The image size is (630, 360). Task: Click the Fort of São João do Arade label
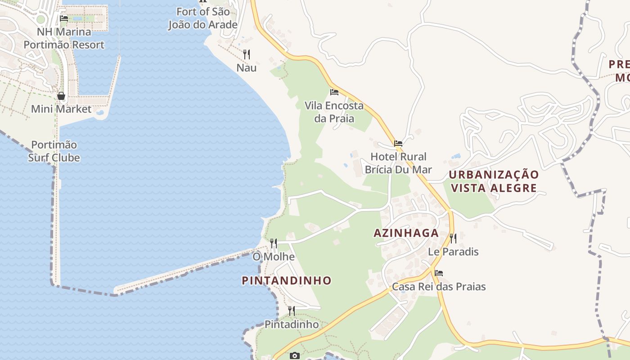point(202,18)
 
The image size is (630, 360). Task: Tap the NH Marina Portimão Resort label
point(64,38)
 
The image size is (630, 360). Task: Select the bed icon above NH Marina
point(64,18)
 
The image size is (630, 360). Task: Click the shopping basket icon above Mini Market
point(61,96)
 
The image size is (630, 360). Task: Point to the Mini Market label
point(61,109)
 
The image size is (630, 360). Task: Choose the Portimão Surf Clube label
point(54,151)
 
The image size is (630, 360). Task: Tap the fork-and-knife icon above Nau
point(247,54)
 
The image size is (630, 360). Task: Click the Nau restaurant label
point(247,68)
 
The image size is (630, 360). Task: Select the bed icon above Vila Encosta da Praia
point(334,92)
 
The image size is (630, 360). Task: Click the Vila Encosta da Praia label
point(334,112)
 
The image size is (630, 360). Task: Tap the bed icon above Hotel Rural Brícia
point(398,144)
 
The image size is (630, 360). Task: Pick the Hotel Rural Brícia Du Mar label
point(398,163)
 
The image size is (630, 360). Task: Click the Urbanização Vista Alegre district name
point(494,181)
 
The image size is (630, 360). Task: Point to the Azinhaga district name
point(406,233)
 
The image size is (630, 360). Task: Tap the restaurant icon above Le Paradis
point(453,238)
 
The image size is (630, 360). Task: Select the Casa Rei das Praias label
point(439,287)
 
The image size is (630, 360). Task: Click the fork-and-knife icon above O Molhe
point(274,243)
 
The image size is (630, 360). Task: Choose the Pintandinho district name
point(287,280)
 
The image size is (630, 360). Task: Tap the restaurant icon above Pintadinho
point(292,311)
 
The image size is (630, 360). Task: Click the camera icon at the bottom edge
point(295,356)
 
